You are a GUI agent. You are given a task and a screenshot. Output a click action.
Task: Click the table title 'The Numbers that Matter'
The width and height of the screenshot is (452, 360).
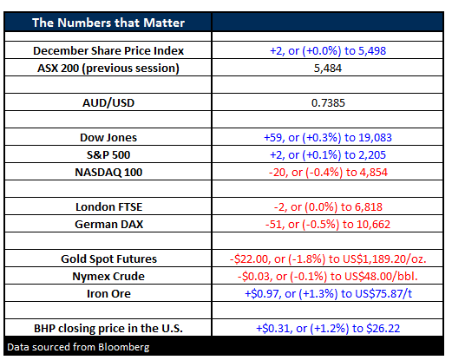point(108,23)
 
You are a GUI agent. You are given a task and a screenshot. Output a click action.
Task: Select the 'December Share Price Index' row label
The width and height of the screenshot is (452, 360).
point(108,51)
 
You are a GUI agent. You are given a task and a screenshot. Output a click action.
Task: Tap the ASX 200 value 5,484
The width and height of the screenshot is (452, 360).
point(328,69)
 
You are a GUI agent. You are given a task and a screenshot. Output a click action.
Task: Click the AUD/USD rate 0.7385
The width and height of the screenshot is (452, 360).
point(328,103)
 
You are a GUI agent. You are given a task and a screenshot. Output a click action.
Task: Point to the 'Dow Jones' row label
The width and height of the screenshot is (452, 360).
point(108,138)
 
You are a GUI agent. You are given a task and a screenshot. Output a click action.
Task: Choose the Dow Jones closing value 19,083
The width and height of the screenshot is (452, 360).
point(375,138)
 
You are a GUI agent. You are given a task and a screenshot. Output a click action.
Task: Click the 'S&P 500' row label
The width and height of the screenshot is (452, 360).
point(108,155)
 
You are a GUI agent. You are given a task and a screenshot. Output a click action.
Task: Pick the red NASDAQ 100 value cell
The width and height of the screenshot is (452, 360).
point(328,173)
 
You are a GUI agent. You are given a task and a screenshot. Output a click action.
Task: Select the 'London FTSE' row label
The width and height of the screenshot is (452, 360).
point(108,207)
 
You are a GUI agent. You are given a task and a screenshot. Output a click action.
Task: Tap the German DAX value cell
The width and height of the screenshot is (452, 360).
point(328,225)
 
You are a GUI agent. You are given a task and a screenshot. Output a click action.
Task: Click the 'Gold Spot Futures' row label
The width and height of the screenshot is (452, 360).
point(108,259)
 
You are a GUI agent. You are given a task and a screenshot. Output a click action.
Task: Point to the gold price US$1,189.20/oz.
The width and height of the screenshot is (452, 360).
point(384,259)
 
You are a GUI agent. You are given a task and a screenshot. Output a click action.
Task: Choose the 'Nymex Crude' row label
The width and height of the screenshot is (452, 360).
point(108,277)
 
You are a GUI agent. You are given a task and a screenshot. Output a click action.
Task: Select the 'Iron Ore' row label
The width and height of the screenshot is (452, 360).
point(108,294)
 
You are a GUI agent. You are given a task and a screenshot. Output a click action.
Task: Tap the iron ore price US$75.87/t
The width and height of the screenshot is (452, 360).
point(383,294)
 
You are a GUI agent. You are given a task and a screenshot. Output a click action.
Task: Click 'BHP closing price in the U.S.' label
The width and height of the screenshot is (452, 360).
point(108,329)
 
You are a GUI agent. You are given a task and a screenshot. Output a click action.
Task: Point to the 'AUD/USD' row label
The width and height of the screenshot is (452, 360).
point(108,103)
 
